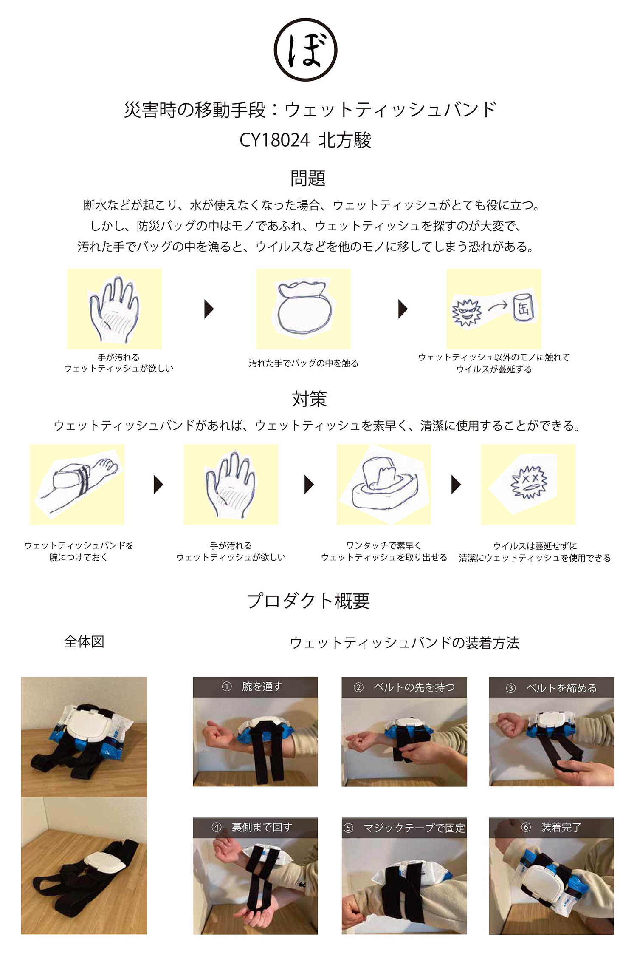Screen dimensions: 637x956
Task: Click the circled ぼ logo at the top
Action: click(305, 50)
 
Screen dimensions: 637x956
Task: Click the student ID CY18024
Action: click(274, 140)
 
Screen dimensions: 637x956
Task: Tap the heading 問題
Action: click(308, 178)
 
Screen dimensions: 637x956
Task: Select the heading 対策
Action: click(309, 399)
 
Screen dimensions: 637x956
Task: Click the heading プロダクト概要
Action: click(308, 601)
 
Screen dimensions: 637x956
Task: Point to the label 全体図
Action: click(84, 641)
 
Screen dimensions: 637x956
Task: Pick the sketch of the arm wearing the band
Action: click(76, 485)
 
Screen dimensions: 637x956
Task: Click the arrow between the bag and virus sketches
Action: click(403, 309)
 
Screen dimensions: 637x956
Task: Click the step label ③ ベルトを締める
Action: click(551, 687)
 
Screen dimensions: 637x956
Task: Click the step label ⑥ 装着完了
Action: click(551, 827)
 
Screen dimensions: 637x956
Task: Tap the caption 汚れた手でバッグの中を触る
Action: click(304, 363)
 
